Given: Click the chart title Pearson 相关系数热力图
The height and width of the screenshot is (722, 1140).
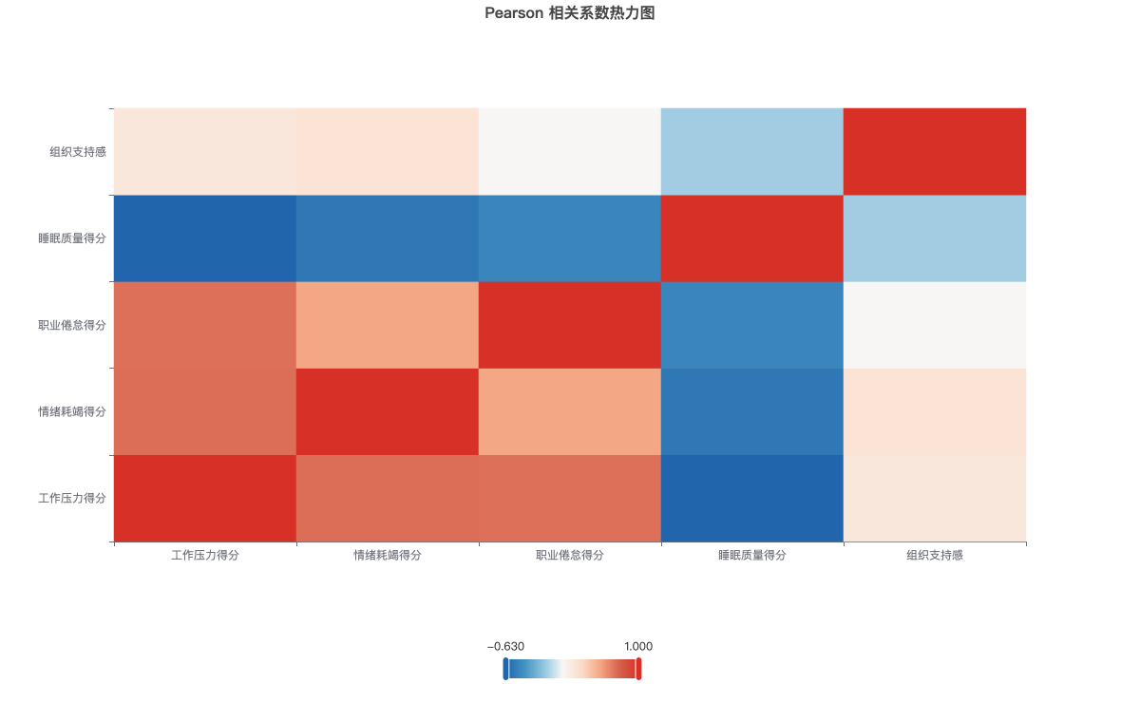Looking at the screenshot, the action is [569, 13].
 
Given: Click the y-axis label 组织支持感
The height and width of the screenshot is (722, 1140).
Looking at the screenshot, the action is [78, 152].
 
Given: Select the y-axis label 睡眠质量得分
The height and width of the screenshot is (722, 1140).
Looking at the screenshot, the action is [72, 238].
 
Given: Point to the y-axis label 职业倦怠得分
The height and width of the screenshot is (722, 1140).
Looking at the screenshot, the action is [72, 325].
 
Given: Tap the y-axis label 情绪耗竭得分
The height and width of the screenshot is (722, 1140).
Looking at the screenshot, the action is [72, 411].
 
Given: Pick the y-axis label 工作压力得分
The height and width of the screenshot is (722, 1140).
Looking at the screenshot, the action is [72, 498].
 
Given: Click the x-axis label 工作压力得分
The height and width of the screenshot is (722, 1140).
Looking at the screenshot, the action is [205, 555].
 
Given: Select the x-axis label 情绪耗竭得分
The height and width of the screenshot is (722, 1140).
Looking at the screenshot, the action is [388, 555].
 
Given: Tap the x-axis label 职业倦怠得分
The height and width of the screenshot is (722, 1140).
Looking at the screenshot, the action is [570, 555].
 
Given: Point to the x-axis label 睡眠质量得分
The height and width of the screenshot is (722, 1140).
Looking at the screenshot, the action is [752, 555].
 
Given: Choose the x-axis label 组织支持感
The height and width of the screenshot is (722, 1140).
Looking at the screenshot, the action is [935, 555].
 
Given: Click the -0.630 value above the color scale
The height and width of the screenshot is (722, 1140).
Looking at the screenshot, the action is [505, 647].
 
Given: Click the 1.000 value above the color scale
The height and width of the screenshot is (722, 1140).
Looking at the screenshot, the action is [638, 647].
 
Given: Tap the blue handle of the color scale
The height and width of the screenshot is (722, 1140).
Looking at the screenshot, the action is [505, 669].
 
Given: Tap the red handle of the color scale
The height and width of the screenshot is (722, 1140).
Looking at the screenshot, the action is [638, 669].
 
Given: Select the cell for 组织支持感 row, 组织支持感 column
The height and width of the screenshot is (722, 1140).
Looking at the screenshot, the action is [935, 152].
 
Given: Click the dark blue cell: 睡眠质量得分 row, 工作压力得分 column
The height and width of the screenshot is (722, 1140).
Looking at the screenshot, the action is [205, 238].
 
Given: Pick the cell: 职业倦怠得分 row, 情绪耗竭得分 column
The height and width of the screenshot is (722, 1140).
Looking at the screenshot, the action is [388, 325].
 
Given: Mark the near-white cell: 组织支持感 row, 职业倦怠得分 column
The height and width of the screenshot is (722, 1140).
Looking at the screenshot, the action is [570, 152].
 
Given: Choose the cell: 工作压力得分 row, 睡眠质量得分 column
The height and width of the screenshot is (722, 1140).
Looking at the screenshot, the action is [752, 499].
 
